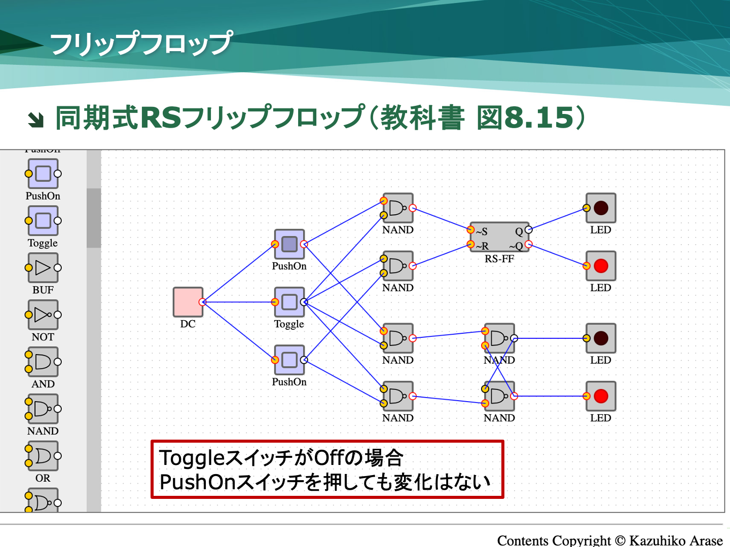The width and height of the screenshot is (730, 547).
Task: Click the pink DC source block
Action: coord(188,302)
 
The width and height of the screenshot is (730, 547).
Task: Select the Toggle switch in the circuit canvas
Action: coord(289,302)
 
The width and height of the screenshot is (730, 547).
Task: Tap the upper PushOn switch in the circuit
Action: coord(289,244)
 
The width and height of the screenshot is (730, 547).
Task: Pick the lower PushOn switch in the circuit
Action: coord(289,360)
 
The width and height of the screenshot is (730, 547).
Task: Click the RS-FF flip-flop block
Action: coord(499,237)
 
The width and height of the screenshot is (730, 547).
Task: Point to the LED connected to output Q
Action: coord(601,208)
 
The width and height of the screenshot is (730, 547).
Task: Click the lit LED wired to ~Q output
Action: coord(601,266)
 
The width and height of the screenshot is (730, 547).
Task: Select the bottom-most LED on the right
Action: coord(601,396)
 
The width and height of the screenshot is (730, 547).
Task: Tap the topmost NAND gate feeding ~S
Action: coord(398,208)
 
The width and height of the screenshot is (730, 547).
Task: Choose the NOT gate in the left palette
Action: coord(43,315)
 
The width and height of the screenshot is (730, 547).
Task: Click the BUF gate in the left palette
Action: coord(43,267)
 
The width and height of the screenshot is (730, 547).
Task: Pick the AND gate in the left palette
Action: coord(43,362)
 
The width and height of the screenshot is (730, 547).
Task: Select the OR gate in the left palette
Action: coord(43,456)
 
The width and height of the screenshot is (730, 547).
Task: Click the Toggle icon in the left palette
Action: coord(43,220)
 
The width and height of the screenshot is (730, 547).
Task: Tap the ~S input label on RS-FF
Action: coord(482,231)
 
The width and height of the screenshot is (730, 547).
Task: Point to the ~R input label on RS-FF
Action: coord(482,246)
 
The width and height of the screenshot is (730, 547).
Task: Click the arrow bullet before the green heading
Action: coord(35,120)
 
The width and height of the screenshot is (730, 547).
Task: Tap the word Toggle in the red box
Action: coord(192,458)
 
